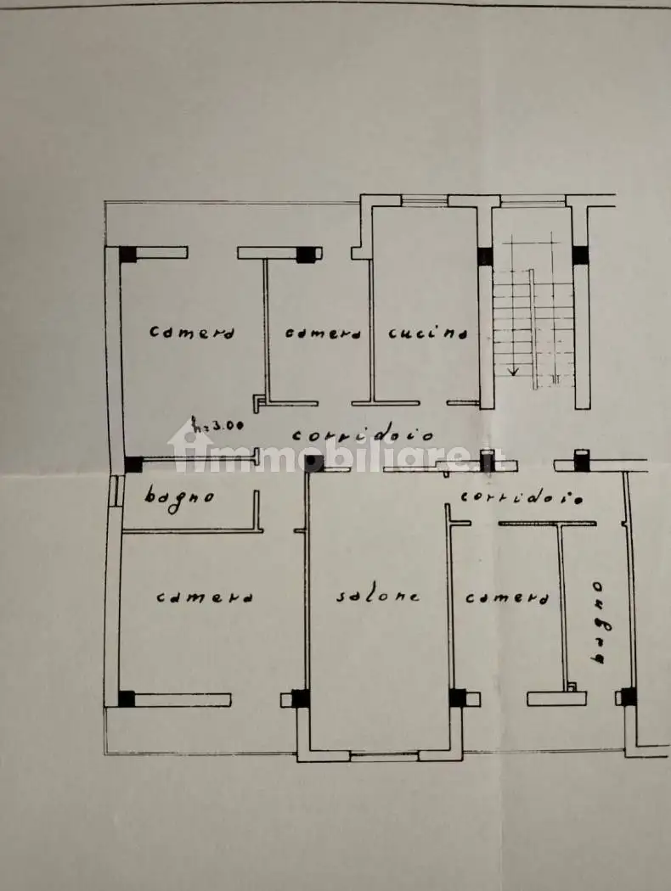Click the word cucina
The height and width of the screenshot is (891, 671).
tap(428, 333)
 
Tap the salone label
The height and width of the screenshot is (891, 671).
tap(378, 596)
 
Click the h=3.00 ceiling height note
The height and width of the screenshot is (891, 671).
tap(217, 424)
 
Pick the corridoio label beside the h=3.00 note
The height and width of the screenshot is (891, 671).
tap(363, 436)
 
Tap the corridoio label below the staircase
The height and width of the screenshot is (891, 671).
tap(522, 497)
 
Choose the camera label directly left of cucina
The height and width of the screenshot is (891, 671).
tap(323, 333)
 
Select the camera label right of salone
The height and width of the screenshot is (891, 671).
tap(507, 597)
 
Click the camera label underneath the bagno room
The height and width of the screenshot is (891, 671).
tap(205, 597)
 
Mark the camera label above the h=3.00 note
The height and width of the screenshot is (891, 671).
tap(192, 331)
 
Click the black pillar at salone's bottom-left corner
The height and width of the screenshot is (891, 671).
tap(300, 698)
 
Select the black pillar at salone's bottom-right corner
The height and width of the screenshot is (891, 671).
tap(457, 698)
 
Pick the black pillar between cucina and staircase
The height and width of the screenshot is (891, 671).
tap(485, 256)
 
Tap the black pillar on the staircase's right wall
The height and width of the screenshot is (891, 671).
tap(580, 255)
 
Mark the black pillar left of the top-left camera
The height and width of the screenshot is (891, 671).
tap(128, 254)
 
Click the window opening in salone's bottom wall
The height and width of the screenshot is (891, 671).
tap(384, 756)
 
